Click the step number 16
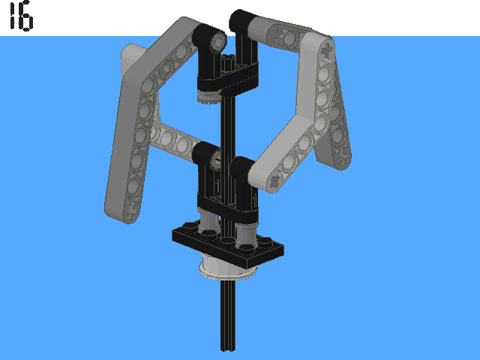coord(21,16)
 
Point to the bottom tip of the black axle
coord(228,349)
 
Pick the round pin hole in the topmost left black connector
coord(218,40)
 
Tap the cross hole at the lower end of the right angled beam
coord(276,181)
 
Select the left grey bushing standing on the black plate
coord(208,221)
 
